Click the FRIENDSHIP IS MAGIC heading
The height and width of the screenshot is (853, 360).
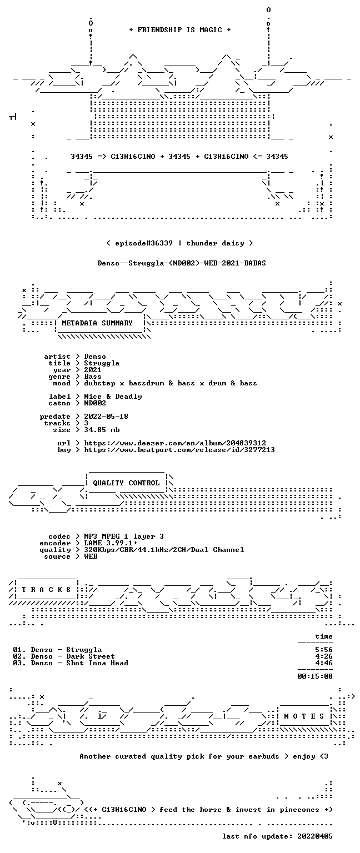pos(180,30)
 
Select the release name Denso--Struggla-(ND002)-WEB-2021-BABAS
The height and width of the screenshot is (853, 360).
pos(182,263)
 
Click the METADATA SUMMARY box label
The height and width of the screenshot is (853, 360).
pos(97,323)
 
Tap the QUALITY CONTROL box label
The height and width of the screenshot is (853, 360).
pos(126,483)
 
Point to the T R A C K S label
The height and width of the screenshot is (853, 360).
pos(46,590)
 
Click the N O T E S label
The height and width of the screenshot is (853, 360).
pos(304,716)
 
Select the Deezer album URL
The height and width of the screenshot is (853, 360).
pos(175,443)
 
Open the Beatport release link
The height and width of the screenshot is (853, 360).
pos(179,450)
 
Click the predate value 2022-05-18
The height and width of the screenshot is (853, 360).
pos(106,417)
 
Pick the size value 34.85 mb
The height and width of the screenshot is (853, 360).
pos(102,430)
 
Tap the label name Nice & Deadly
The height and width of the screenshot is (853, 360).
pos(113,397)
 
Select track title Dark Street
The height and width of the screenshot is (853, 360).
pos(91,656)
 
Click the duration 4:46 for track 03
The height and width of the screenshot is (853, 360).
pos(324,663)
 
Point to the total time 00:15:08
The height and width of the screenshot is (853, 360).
pos(315,676)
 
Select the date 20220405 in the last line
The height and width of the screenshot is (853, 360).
pos(315,836)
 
